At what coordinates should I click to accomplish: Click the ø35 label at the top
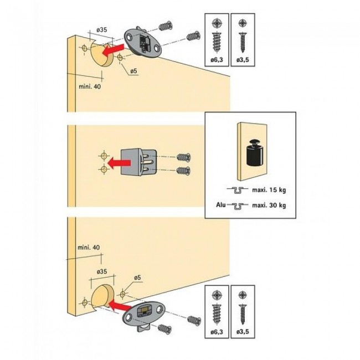click(102, 30)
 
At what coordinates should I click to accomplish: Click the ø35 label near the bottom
click(102, 271)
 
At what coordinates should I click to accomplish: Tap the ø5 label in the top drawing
click(133, 71)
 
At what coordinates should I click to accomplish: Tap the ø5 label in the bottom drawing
click(137, 277)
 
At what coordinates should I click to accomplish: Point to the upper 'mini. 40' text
click(90, 86)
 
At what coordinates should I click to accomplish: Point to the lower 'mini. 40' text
click(89, 247)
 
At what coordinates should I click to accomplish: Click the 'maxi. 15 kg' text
click(269, 190)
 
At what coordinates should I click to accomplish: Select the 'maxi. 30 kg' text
click(269, 205)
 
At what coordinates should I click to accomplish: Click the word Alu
click(220, 204)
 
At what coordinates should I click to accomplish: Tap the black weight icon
click(255, 152)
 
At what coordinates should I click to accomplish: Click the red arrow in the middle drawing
click(119, 163)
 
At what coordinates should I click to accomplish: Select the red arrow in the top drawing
click(113, 50)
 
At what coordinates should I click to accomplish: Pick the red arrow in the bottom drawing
click(120, 306)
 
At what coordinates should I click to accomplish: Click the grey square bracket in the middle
click(139, 162)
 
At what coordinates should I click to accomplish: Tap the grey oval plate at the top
click(143, 43)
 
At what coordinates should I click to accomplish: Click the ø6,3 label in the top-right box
click(217, 60)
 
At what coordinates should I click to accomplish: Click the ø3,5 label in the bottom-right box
click(243, 332)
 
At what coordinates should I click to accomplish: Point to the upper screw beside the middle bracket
click(184, 157)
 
